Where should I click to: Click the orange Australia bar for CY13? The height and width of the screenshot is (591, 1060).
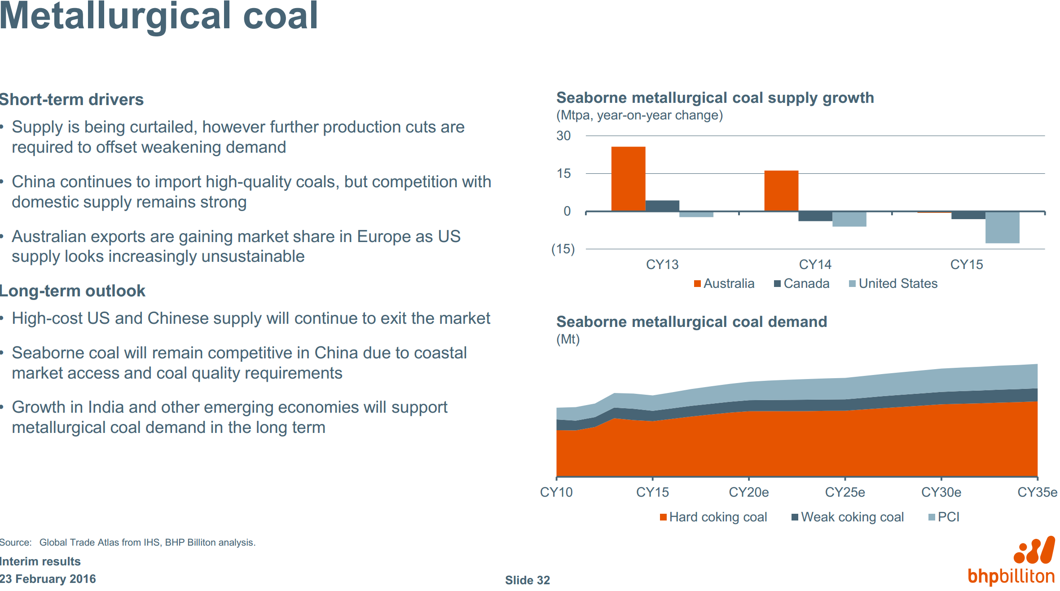point(628,179)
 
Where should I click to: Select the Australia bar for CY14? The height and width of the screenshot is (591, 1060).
point(781,191)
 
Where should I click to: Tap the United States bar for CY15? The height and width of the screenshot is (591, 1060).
point(1002,227)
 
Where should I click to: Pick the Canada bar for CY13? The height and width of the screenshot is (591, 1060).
point(662,206)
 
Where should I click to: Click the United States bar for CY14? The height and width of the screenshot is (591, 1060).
point(849,219)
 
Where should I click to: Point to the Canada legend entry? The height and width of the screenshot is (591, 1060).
point(802,284)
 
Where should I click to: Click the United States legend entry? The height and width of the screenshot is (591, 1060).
point(893,284)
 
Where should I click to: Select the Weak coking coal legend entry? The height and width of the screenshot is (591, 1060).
point(848,517)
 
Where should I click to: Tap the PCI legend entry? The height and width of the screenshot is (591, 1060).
point(944,517)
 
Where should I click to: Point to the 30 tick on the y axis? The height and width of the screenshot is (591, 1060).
point(563,136)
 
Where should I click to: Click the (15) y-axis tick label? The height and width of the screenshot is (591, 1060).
point(563,249)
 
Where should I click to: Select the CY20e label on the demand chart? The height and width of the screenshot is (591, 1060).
point(749,493)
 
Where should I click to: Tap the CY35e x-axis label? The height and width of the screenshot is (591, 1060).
point(1037,493)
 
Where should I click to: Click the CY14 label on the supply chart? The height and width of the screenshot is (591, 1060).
point(815,265)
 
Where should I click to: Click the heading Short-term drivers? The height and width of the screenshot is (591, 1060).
point(72,100)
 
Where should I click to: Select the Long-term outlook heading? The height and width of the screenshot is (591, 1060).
point(73,291)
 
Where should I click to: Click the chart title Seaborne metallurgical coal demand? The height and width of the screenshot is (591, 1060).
point(691,322)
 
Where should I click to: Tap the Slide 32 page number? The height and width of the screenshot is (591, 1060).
point(528,580)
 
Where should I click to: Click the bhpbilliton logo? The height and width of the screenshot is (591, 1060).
point(1012,561)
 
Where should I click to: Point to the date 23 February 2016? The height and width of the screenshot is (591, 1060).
point(48,579)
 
